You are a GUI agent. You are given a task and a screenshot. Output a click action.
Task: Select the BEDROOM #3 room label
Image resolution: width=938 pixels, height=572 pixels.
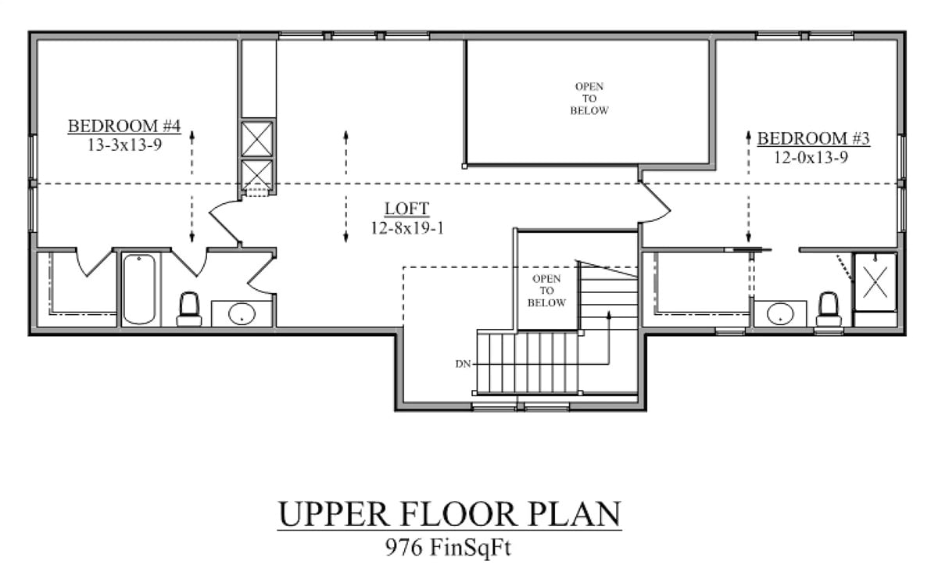(x=814, y=139)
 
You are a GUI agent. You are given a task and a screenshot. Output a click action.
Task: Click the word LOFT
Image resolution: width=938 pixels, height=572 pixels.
(x=406, y=209)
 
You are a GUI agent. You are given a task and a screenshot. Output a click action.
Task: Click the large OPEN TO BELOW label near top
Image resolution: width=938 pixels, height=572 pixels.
(x=589, y=98)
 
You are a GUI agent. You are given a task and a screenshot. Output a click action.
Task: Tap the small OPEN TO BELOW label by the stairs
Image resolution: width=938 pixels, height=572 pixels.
(x=547, y=291)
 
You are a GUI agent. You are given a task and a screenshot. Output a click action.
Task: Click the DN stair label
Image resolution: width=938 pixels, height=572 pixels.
(x=461, y=364)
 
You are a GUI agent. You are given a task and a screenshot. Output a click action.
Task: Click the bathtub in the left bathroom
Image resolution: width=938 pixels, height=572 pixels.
(x=139, y=288)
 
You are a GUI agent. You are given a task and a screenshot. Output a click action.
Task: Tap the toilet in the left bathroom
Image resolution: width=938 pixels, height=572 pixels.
(x=189, y=309)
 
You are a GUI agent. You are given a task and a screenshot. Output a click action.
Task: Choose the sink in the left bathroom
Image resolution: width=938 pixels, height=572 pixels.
(x=242, y=314)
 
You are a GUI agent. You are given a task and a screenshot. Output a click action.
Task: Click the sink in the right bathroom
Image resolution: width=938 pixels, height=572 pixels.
(x=779, y=314)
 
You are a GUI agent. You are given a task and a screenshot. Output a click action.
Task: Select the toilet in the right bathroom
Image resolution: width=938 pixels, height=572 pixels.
(x=829, y=309)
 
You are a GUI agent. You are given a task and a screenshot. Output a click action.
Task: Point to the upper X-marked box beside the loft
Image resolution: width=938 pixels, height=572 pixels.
(x=257, y=138)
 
